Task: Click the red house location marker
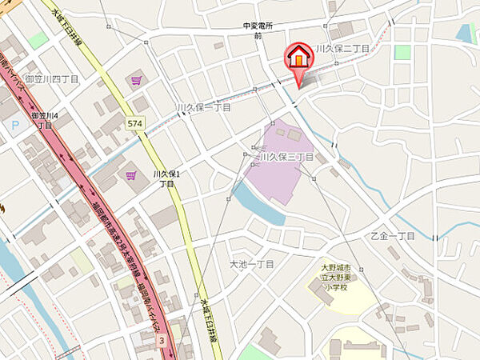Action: (298, 57)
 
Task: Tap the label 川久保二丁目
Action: (342, 49)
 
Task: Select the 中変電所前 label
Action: (258, 31)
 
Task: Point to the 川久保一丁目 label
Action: (203, 106)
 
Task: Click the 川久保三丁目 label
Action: (286, 158)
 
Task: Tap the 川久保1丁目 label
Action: (166, 178)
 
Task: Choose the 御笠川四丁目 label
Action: (50, 80)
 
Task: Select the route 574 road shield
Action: (134, 123)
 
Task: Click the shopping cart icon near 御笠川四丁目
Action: (136, 80)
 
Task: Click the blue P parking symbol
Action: (15, 125)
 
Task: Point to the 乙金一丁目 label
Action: (393, 236)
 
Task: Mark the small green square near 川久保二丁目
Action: (402, 52)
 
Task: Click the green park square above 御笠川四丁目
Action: (38, 39)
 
